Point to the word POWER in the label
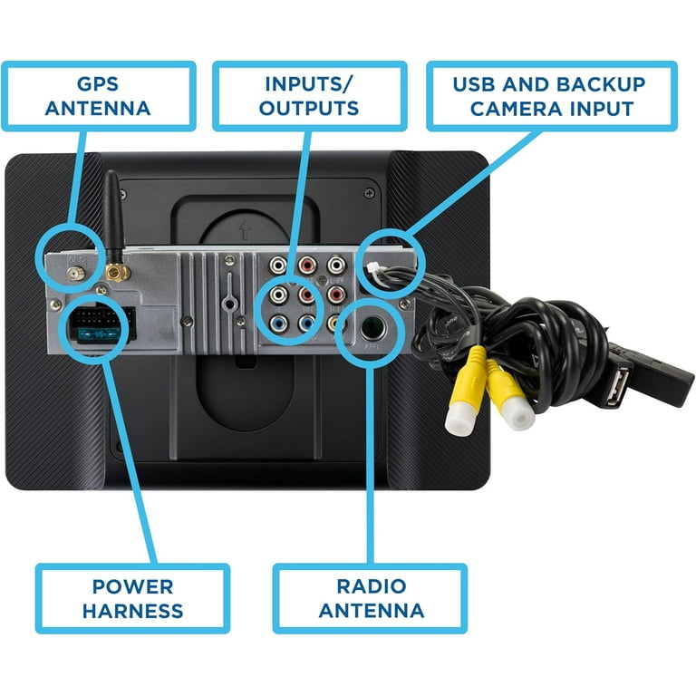132,585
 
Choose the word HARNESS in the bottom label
132,610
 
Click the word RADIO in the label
369,585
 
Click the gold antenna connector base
115,270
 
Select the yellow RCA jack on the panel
335,322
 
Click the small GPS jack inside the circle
74,270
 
